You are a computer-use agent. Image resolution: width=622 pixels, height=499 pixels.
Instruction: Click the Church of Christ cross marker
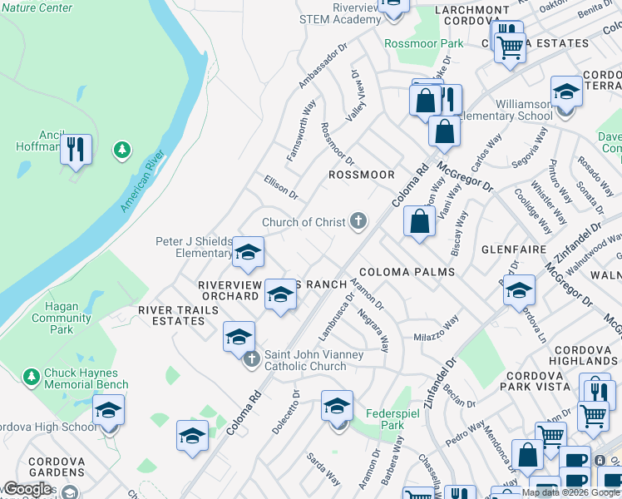[358, 221]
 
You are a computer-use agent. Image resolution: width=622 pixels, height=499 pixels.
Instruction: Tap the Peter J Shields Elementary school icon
[248, 252]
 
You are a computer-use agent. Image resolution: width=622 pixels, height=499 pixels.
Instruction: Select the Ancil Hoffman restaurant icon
[76, 150]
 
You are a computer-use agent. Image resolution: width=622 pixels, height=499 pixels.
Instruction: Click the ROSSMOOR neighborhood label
[361, 175]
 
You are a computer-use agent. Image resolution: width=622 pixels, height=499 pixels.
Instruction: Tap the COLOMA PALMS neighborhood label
[407, 272]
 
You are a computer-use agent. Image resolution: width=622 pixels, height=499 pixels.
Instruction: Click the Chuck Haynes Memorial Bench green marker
[32, 377]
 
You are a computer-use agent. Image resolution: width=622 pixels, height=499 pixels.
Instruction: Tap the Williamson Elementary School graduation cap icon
[566, 92]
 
